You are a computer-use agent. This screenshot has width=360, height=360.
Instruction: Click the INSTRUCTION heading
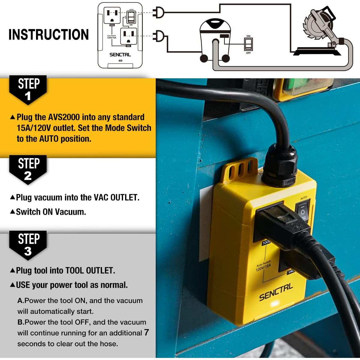[x=49, y=34]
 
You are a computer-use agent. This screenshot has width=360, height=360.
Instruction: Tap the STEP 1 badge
[x=28, y=89]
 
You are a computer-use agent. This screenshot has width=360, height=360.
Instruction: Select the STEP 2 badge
[x=28, y=169]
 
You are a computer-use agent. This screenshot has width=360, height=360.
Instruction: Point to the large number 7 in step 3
[x=146, y=332]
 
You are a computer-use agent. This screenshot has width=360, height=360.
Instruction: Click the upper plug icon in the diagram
[x=158, y=12]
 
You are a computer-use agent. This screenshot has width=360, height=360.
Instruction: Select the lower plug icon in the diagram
[x=158, y=36]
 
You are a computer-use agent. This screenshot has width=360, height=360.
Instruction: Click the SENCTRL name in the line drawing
[x=120, y=55]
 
